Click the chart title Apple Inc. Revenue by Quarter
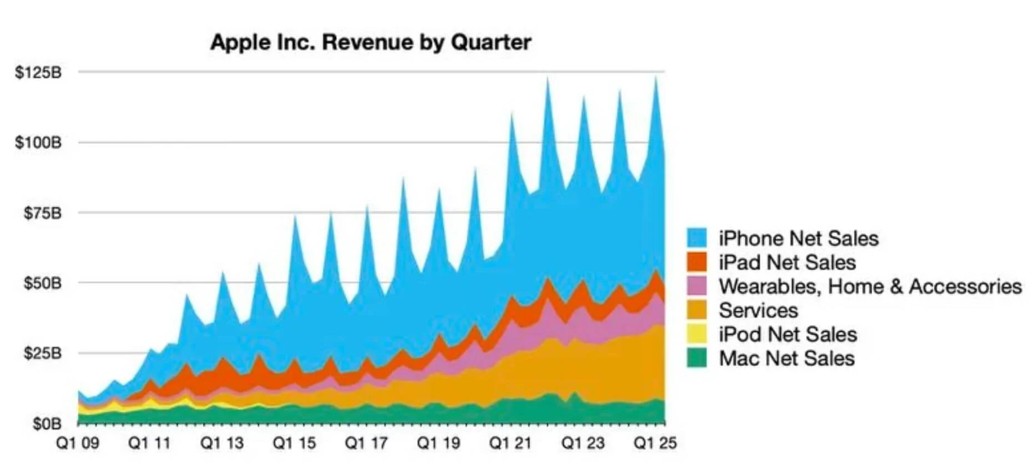[x=371, y=43]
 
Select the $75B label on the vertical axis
[x=43, y=213]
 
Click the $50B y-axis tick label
[x=43, y=283]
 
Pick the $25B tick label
[x=43, y=353]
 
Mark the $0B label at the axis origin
[x=47, y=424]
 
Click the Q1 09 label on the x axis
[x=78, y=443]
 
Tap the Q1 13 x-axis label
[x=222, y=443]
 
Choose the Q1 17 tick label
[x=366, y=443]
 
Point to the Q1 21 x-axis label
[x=510, y=443]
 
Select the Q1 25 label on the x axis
[x=655, y=443]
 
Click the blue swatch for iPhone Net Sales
[x=697, y=238]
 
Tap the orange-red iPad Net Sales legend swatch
[x=697, y=261]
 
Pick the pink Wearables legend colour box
[x=697, y=285]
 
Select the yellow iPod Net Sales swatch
[x=697, y=334]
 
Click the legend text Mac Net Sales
[x=786, y=358]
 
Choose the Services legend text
[x=758, y=310]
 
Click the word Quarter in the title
[x=491, y=43]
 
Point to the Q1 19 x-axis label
[x=438, y=443]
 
